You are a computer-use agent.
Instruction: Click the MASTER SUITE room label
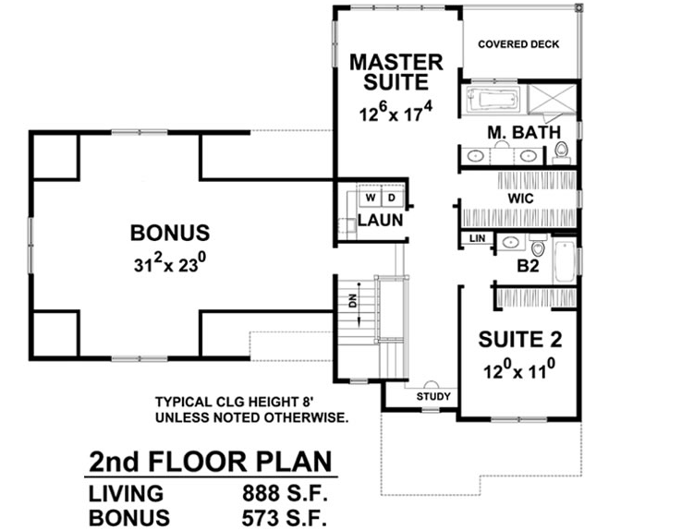click(396, 72)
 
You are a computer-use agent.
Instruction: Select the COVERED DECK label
click(517, 44)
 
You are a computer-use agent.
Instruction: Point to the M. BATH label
click(525, 133)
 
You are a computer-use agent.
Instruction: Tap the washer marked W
click(369, 198)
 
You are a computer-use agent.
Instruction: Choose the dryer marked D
click(390, 198)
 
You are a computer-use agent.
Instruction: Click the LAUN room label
click(380, 222)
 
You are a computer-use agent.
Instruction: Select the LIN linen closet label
click(476, 239)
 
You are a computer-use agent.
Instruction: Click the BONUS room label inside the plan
click(169, 234)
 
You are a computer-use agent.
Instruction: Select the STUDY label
click(433, 397)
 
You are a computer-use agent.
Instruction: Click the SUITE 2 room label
click(520, 340)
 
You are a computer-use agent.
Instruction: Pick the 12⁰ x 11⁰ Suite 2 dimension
click(519, 372)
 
